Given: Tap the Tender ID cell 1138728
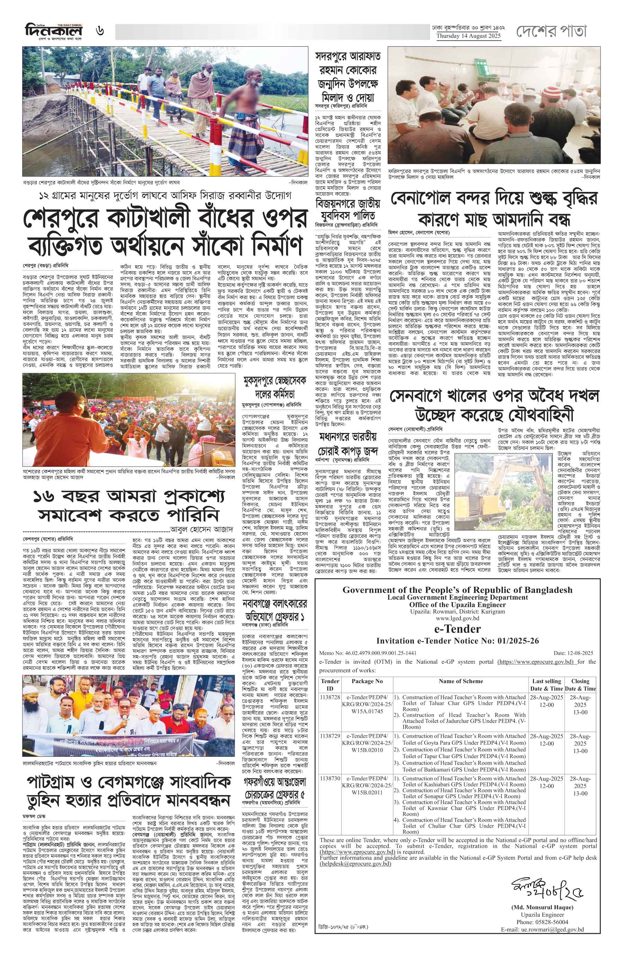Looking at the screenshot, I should [x=330, y=698].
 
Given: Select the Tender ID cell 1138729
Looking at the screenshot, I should [x=330, y=737].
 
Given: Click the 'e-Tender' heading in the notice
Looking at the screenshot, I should [x=457, y=629].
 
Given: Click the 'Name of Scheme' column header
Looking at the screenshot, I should [x=461, y=681].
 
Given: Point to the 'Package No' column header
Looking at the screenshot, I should [x=367, y=681].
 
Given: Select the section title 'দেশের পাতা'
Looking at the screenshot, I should [x=551, y=31].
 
